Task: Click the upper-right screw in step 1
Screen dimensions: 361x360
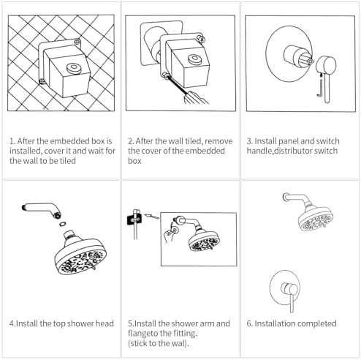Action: coord(77,42)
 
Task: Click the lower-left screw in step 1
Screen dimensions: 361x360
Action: coord(42,81)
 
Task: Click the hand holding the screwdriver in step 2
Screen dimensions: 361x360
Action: coord(195,97)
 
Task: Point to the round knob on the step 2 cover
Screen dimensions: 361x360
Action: coord(194,59)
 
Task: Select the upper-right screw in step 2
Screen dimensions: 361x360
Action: coord(201,39)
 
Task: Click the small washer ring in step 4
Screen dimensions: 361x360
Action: coord(63,223)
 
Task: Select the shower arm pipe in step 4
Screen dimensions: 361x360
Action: coord(42,209)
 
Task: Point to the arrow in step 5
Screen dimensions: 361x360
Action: coord(151,216)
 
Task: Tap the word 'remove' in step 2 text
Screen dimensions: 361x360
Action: coord(218,141)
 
